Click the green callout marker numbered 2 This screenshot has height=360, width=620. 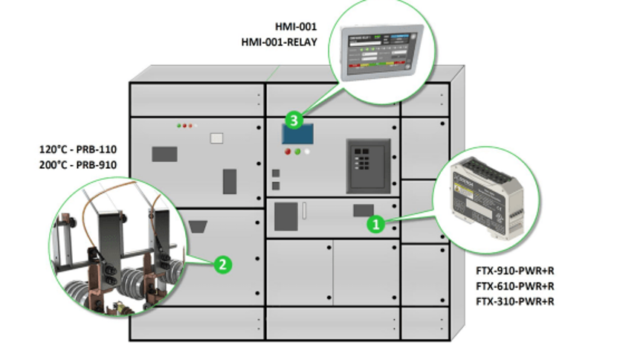tap(220, 263)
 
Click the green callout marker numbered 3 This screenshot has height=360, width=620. tap(295, 119)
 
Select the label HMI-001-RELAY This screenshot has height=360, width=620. tap(279, 42)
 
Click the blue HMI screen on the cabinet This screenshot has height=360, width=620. tap(297, 135)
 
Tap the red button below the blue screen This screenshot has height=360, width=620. tap(288, 152)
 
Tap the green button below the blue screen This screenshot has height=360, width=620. tap(297, 152)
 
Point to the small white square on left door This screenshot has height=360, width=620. tap(217, 138)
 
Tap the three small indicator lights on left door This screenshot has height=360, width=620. tap(184, 126)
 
